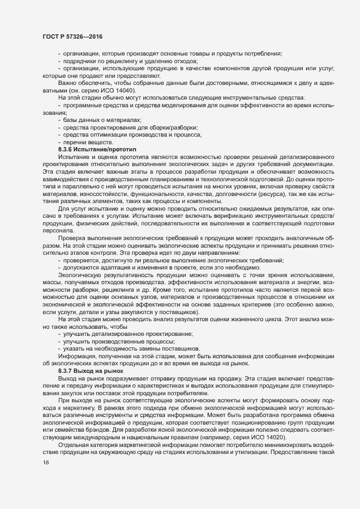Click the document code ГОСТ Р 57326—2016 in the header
point(72,36)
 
